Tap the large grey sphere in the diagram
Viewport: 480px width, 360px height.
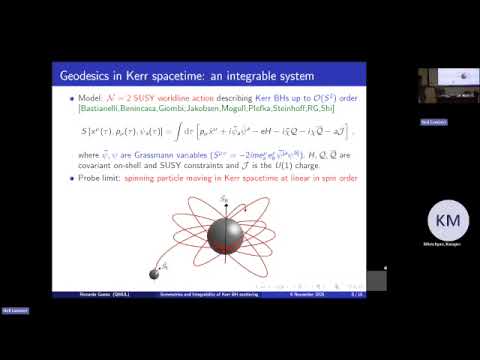click(x=225, y=234)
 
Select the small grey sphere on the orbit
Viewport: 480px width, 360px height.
click(x=155, y=273)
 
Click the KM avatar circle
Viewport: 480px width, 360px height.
click(x=448, y=221)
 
